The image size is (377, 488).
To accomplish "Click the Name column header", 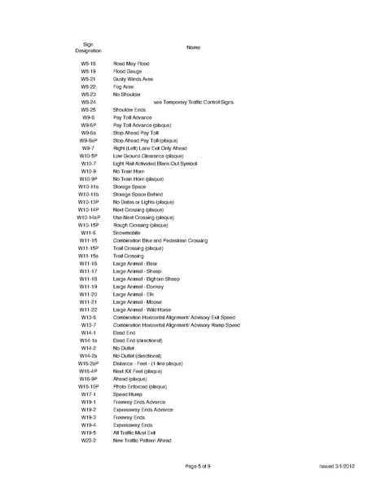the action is pyautogui.click(x=193, y=47).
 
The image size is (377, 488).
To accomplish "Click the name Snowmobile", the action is pyautogui.click(x=127, y=233).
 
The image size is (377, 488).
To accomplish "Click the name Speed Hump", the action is pyautogui.click(x=127, y=394).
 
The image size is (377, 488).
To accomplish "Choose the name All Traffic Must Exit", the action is pyautogui.click(x=134, y=433).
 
